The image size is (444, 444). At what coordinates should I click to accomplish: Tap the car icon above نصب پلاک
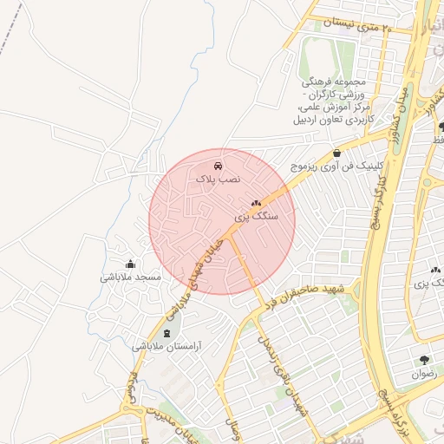218,165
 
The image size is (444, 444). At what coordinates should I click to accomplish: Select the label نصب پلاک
218,178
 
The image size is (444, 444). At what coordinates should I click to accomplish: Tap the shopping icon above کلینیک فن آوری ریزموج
336,153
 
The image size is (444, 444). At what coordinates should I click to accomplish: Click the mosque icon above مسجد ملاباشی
130,264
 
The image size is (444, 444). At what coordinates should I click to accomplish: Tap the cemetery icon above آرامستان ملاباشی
166,333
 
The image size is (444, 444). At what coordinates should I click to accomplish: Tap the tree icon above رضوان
424,360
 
